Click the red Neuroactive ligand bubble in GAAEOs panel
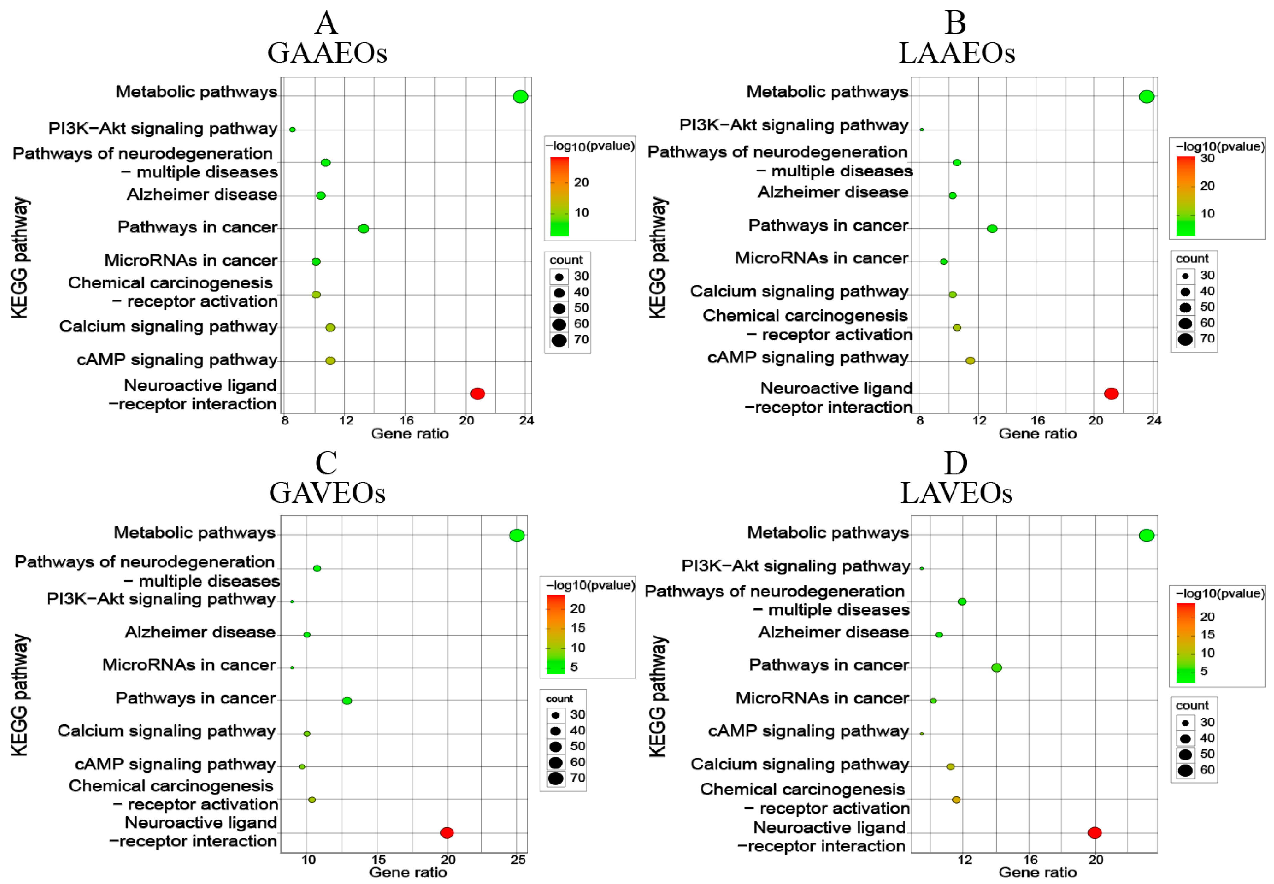tap(477, 394)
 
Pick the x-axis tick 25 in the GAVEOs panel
tap(518, 860)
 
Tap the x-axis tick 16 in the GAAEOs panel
tap(406, 420)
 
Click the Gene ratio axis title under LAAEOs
tap(1037, 434)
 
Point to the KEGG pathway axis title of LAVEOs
tap(657, 696)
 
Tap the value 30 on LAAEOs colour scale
tap(1207, 158)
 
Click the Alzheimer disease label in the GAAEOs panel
tap(202, 194)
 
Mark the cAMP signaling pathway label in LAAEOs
tap(808, 358)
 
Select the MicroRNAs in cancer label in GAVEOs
tap(189, 665)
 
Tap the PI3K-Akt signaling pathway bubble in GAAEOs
tap(292, 130)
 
